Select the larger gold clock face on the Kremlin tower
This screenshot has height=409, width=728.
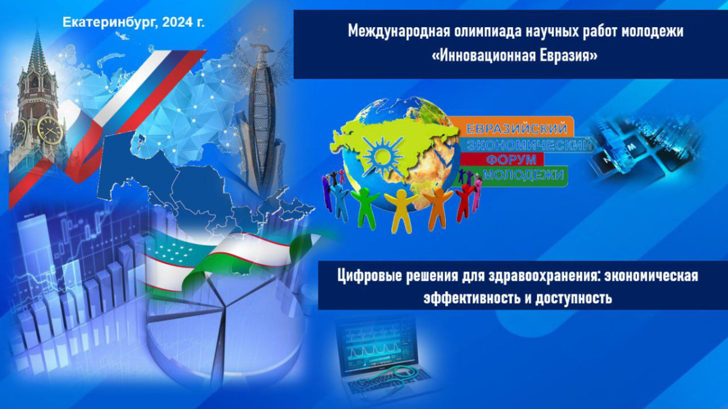coord(50,130)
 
